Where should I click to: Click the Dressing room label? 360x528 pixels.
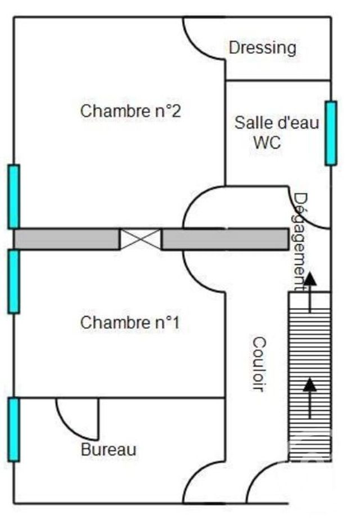tap(262, 48)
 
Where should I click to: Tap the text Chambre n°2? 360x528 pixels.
tap(130, 111)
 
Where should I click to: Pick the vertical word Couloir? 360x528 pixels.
tap(259, 364)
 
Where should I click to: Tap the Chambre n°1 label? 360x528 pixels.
tap(130, 323)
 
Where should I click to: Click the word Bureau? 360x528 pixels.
tap(109, 450)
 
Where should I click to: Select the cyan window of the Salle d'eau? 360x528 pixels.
tap(331, 133)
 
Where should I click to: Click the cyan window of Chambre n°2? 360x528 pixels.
tap(13, 196)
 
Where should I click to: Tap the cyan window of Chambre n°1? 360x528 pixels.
tap(13, 281)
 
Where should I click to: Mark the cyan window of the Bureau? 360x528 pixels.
tap(13, 429)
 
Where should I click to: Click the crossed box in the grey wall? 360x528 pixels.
tap(141, 239)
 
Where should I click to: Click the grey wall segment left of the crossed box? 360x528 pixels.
tap(66, 239)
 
